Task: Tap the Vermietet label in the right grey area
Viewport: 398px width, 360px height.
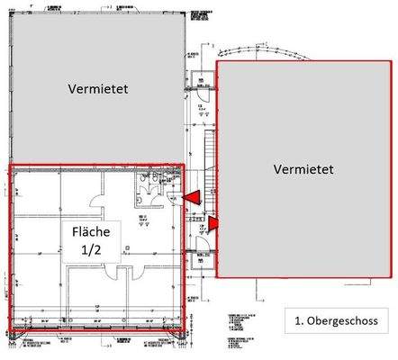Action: coord(303,168)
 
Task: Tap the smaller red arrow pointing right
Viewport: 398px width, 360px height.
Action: coord(213,222)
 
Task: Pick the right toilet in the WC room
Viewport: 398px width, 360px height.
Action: coord(158,181)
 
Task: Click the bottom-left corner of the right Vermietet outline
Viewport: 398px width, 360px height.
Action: coord(218,276)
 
